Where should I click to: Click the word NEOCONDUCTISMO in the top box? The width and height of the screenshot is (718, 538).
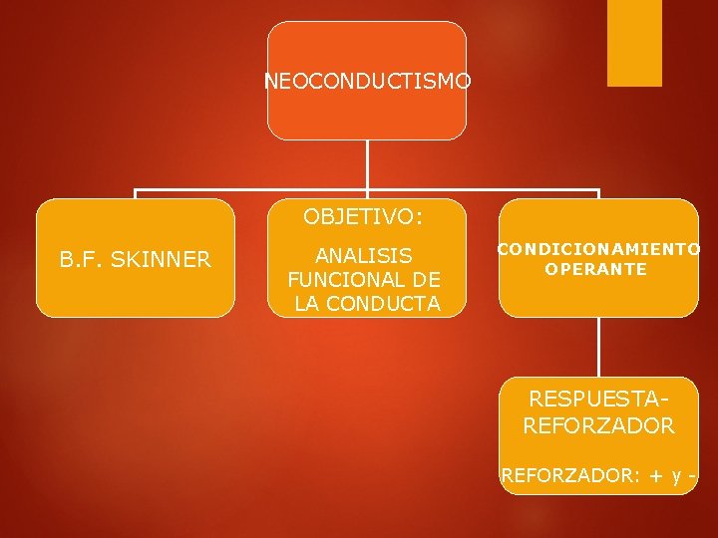click(x=367, y=81)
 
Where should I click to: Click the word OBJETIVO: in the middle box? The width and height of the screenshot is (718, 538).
click(x=363, y=216)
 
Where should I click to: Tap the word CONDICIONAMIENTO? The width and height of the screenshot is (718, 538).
click(x=598, y=249)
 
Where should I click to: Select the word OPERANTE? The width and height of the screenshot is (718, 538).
click(x=596, y=269)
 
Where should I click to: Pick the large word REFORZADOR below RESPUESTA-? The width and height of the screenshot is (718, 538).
click(x=598, y=426)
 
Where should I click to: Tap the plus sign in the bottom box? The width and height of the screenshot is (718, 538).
click(x=655, y=477)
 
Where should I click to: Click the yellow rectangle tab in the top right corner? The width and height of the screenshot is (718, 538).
click(x=635, y=43)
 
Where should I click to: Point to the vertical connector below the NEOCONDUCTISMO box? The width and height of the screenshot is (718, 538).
click(x=367, y=164)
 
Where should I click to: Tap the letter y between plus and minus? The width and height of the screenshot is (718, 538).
click(x=674, y=478)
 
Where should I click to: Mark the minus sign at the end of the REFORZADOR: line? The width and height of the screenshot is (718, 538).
click(x=690, y=477)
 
